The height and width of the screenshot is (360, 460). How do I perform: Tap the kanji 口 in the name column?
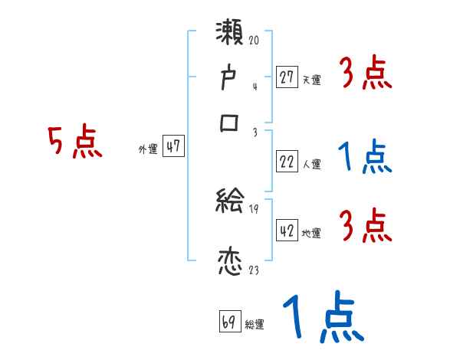pyautogui.click(x=230, y=123)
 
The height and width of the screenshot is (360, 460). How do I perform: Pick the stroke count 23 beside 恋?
pyautogui.click(x=254, y=270)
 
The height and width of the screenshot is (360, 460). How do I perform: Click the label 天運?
pyautogui.click(x=312, y=80)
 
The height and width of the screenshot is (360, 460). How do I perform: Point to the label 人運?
pyautogui.click(x=312, y=164)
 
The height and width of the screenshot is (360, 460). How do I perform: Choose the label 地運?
pyautogui.click(x=312, y=234)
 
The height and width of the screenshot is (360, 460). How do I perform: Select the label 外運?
pyautogui.click(x=148, y=150)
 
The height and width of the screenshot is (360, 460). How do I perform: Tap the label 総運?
pyautogui.click(x=255, y=325)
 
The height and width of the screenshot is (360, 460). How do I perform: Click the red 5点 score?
pyautogui.click(x=74, y=143)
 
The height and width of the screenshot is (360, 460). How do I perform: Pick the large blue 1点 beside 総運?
pyautogui.click(x=321, y=319)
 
